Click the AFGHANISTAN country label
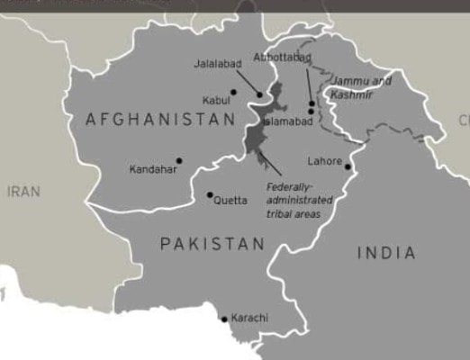[160, 119]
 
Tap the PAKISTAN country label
[212, 244]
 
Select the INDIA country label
[386, 253]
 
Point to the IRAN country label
[23, 192]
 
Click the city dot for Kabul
[233, 92]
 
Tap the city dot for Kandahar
[179, 161]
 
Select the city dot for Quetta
[210, 194]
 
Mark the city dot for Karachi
[224, 319]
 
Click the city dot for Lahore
[348, 166]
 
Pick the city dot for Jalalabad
[261, 94]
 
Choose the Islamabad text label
[288, 121]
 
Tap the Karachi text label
[249, 319]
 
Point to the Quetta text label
[230, 200]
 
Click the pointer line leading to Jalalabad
[248, 82]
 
